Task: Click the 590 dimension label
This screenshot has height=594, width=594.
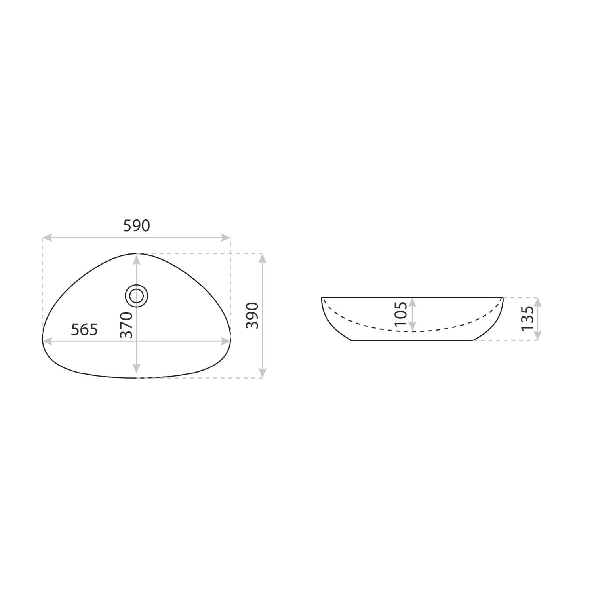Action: (x=137, y=226)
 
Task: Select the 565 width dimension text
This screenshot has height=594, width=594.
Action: (x=84, y=329)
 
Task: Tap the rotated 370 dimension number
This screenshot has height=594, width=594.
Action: (x=126, y=325)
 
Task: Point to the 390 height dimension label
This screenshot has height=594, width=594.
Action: (x=252, y=315)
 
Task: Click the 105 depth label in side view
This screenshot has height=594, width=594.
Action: (x=401, y=314)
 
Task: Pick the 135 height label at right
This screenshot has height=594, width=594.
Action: (x=527, y=318)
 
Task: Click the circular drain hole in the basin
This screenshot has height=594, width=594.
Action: (x=137, y=296)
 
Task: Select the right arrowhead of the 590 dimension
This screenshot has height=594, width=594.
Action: (x=225, y=238)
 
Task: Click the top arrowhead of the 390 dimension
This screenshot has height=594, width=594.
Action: (x=262, y=258)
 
